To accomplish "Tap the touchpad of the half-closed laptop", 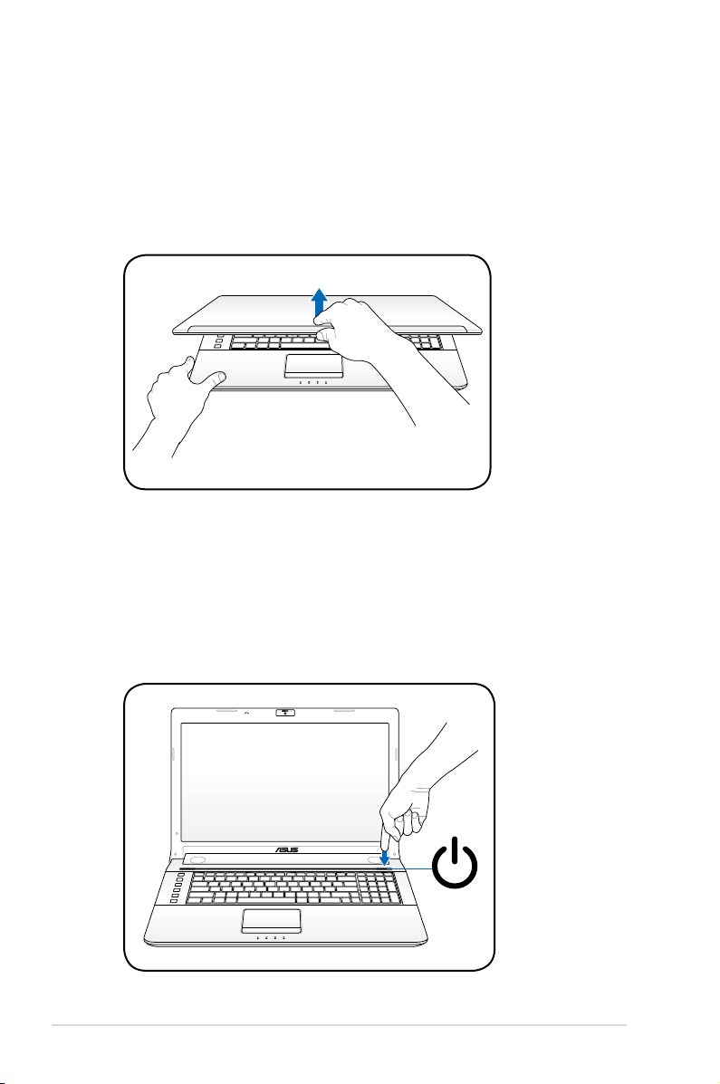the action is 313,367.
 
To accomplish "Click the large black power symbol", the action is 455,862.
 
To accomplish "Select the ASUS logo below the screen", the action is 287,849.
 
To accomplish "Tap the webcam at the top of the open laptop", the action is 284,712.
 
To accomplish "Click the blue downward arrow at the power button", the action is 385,855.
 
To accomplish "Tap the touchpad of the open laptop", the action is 271,921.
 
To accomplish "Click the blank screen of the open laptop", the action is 284,779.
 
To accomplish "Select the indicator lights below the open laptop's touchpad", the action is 270,938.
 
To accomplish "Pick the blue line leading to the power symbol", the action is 411,868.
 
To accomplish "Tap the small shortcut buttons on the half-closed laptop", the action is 218,341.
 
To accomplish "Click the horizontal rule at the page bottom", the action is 339,1025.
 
